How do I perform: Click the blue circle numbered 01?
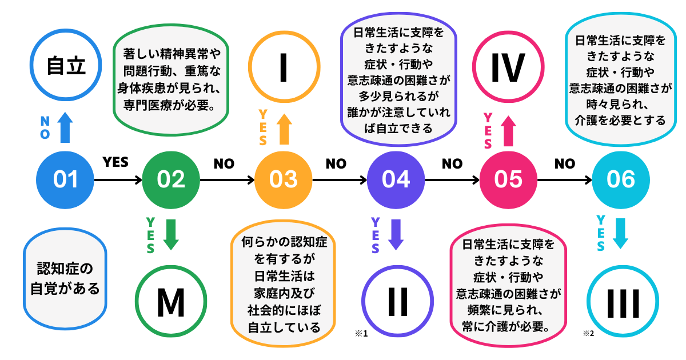(x=65, y=179)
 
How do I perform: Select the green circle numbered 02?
(x=171, y=179)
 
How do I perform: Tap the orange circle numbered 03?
(x=284, y=179)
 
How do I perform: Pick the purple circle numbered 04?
(x=396, y=179)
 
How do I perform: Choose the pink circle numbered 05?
(x=508, y=179)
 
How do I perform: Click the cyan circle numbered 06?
(x=621, y=179)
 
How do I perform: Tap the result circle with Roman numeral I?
(x=284, y=67)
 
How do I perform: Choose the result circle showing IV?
(x=508, y=67)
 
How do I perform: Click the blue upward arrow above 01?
(x=65, y=127)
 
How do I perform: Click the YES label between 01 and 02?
(x=115, y=163)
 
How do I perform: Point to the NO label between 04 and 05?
(x=452, y=164)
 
